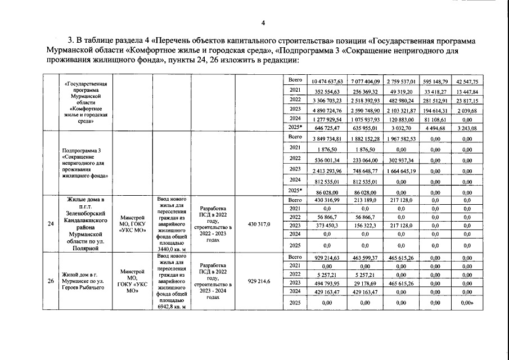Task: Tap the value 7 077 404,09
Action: click(365, 82)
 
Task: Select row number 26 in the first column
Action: click(51, 281)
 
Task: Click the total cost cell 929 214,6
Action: click(259, 281)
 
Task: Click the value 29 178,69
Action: click(365, 282)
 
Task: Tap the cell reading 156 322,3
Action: click(365, 226)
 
